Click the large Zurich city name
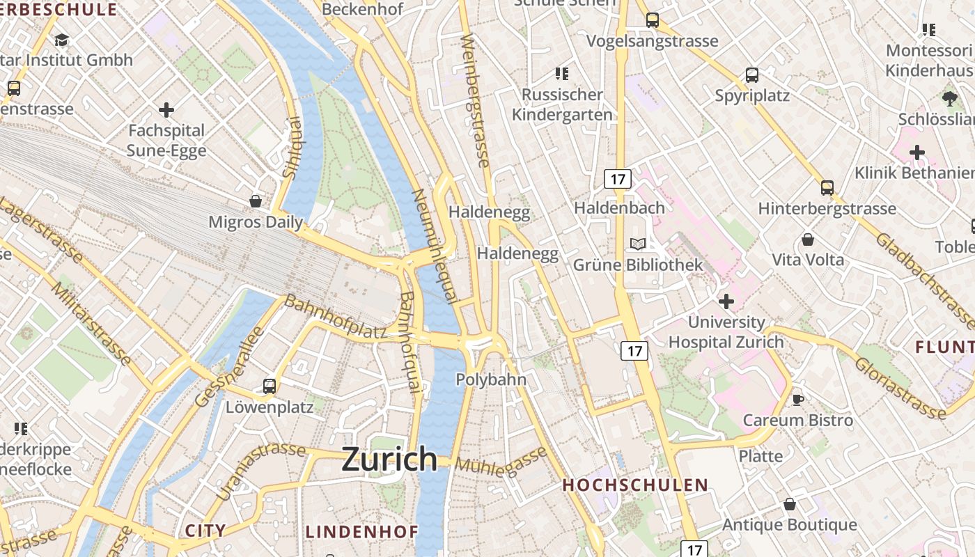[389, 460]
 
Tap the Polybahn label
[491, 379]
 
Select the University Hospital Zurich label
[726, 332]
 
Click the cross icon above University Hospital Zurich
[726, 301]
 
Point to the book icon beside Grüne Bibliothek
[638, 244]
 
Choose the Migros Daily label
[256, 222]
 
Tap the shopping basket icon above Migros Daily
[256, 201]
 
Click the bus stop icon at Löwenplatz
[270, 386]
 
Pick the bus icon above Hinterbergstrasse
[827, 187]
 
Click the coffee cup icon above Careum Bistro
[798, 400]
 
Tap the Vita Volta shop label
[808, 260]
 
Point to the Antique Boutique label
[790, 524]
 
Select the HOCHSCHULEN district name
[635, 485]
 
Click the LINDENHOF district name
[362, 532]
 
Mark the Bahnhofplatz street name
[335, 317]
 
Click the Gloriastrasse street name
[900, 387]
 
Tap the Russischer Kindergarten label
[562, 104]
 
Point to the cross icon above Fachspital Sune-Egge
[166, 110]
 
